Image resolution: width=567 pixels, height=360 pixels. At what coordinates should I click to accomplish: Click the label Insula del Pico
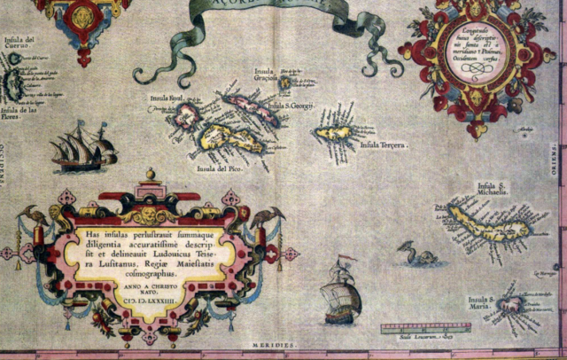coord(218,168)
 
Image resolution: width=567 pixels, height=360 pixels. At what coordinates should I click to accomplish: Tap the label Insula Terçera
coord(384,145)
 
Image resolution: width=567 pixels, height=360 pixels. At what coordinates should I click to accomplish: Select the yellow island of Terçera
coord(333,133)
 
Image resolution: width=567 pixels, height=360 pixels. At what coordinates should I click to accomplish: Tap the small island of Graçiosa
coord(285,82)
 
